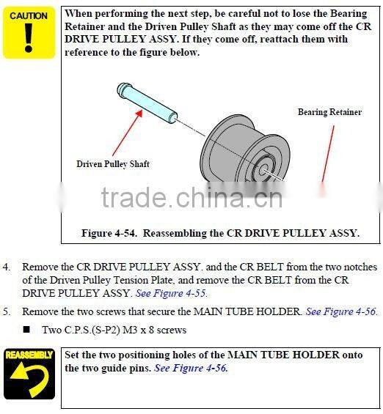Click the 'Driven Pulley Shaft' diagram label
pos(113,164)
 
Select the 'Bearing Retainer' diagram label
pos(329,112)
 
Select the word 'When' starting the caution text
pos(79,14)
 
